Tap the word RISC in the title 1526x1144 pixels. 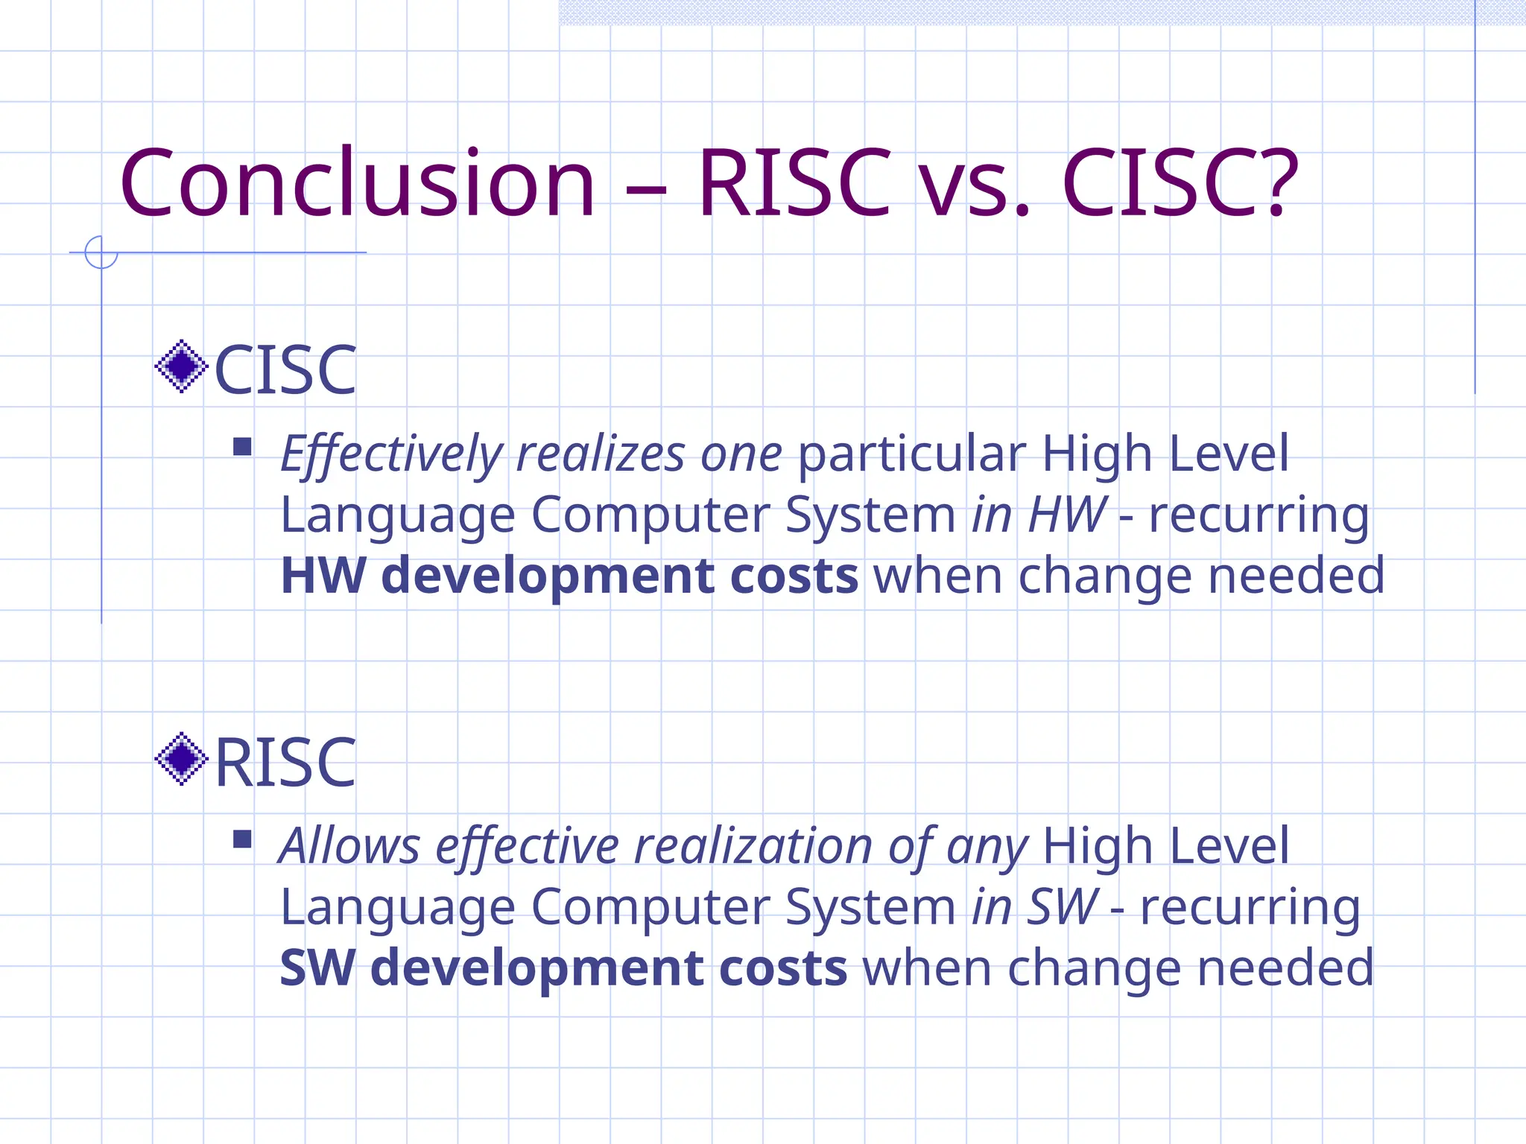click(794, 184)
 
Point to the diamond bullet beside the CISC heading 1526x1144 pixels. click(181, 366)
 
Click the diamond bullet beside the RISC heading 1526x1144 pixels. click(181, 759)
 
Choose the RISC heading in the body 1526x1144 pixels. click(285, 762)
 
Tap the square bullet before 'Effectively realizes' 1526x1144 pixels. click(242, 447)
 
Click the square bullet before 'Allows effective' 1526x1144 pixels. click(242, 839)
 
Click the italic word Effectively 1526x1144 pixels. click(392, 454)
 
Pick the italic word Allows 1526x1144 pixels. click(349, 846)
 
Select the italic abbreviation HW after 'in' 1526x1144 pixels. click(1067, 515)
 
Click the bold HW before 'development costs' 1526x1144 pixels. click(323, 576)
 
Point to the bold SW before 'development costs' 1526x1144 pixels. click(317, 968)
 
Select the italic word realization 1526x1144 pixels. click(753, 846)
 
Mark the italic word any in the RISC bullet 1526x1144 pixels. click(987, 849)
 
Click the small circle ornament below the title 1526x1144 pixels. click(101, 252)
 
